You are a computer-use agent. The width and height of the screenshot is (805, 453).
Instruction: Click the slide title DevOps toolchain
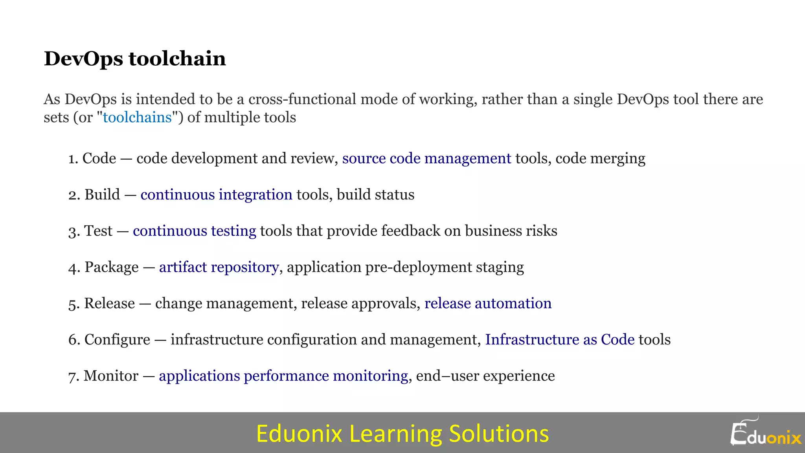click(x=135, y=59)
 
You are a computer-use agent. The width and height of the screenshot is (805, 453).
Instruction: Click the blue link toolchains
click(x=137, y=117)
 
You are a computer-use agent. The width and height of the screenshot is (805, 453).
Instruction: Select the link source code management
click(x=426, y=158)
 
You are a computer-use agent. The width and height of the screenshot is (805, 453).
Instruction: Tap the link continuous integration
click(x=216, y=195)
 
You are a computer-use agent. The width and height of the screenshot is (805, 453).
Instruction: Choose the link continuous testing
click(x=194, y=231)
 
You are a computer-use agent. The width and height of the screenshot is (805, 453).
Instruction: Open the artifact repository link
click(x=219, y=267)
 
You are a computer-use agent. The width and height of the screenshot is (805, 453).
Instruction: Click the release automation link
click(x=488, y=303)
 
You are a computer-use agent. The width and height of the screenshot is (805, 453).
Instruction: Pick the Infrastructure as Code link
click(x=560, y=339)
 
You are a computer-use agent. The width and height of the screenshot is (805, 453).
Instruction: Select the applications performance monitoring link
click(x=283, y=376)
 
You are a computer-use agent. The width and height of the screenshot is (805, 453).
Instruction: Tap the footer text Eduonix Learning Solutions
click(x=402, y=433)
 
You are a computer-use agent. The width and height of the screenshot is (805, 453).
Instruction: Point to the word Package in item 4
click(x=112, y=267)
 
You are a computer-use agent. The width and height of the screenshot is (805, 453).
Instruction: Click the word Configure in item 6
click(x=117, y=339)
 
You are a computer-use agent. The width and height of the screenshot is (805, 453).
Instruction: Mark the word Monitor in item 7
click(x=111, y=376)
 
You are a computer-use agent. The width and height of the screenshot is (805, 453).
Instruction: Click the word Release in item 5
click(x=109, y=303)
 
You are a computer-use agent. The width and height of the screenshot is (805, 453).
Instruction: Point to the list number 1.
click(x=72, y=158)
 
